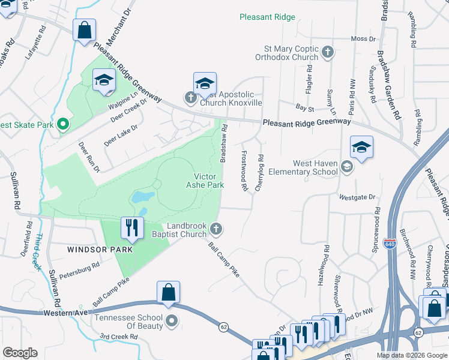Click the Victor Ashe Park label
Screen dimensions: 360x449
click(208, 181)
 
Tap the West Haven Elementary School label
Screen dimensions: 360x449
click(315, 167)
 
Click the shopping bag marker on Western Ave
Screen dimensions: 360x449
click(169, 293)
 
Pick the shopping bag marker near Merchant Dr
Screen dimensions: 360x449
click(84, 30)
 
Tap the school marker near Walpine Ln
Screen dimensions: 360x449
click(104, 80)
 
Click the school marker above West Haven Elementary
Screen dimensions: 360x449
click(361, 148)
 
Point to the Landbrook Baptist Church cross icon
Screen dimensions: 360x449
click(217, 228)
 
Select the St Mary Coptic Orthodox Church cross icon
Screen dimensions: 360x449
click(328, 52)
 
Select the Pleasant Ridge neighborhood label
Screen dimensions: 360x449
click(267, 17)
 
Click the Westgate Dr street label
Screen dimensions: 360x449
click(357, 197)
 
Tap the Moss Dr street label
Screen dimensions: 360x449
click(363, 39)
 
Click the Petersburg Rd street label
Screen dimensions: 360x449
click(79, 268)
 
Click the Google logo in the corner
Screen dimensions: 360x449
click(20, 353)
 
